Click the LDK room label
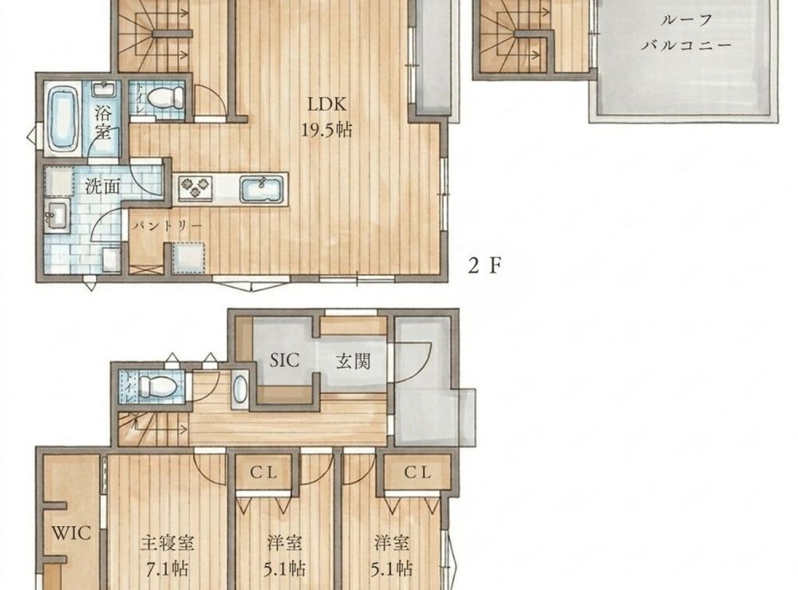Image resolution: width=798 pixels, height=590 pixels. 326,104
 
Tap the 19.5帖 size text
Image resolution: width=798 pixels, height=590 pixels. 326,130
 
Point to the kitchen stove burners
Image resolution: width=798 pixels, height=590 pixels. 196,187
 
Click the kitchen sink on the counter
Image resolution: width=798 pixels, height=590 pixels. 262,189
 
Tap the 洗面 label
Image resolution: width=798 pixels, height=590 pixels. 102,186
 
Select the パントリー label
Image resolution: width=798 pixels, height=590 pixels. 168,226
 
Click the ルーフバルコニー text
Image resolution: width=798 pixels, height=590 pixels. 686,33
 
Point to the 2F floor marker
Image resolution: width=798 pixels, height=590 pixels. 485,265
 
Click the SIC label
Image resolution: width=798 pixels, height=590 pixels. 285,360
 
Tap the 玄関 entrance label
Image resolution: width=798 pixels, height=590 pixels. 354,361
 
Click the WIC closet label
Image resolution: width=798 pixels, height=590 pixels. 72,533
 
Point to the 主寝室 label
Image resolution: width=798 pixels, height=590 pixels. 168,543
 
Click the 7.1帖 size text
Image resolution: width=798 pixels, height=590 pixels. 168,568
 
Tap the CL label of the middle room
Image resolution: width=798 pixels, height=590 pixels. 263,473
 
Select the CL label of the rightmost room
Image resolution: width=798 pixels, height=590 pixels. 418,473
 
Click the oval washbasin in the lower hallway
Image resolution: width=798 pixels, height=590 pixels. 239,391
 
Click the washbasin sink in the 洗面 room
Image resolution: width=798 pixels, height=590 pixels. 57,216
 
